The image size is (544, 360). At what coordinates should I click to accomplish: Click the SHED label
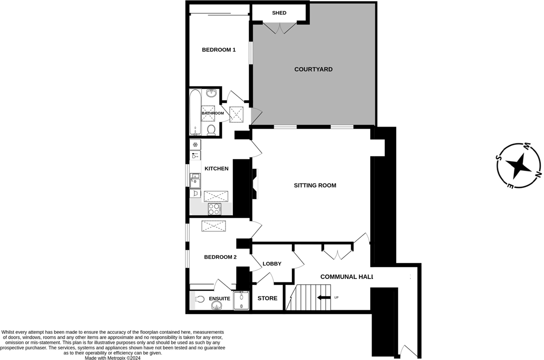(x=279, y=13)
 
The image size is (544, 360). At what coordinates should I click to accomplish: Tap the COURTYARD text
(x=313, y=69)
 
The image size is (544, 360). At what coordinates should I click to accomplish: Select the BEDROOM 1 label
(x=218, y=49)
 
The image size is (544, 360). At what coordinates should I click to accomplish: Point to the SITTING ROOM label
(x=315, y=185)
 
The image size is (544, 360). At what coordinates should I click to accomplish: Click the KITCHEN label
(x=216, y=169)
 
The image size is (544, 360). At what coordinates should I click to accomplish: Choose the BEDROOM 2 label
(x=220, y=257)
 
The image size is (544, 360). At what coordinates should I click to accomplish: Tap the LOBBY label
(x=272, y=264)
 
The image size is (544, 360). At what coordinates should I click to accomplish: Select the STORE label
(x=267, y=299)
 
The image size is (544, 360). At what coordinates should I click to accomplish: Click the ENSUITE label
(x=219, y=299)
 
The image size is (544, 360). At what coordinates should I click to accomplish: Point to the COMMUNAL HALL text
(x=346, y=277)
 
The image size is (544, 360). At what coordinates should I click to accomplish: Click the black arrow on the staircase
(x=324, y=298)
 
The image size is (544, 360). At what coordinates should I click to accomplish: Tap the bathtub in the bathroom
(x=194, y=112)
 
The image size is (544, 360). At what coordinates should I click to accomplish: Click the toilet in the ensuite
(x=199, y=299)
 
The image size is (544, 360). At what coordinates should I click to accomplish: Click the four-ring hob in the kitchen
(x=214, y=209)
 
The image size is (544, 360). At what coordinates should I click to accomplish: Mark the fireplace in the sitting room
(x=254, y=184)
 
